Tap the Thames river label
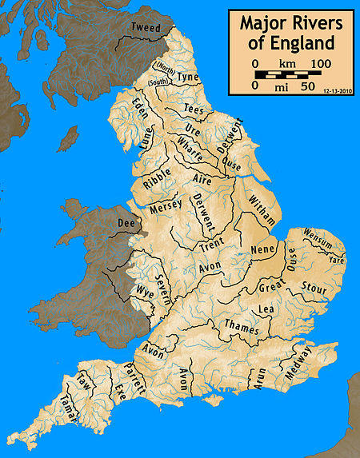pos(242,325)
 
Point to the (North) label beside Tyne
pos(166,67)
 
